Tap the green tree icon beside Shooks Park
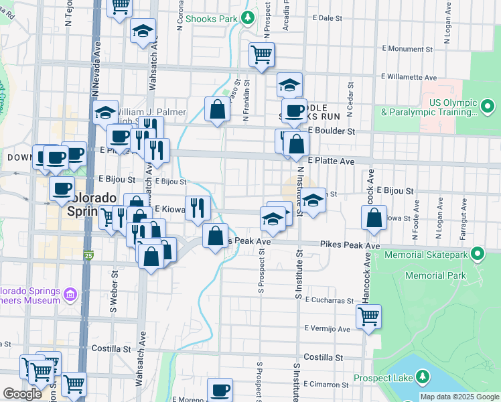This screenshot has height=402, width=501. (x=248, y=18)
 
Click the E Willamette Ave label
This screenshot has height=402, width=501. (x=409, y=78)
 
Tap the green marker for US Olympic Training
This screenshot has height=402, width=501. (x=488, y=106)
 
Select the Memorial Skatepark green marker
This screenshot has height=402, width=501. (x=477, y=253)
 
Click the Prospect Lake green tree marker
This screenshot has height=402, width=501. (x=423, y=378)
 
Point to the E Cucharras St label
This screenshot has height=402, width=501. (x=329, y=301)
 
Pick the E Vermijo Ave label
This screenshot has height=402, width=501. (x=327, y=329)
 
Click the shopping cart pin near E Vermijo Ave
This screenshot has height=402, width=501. (x=368, y=316)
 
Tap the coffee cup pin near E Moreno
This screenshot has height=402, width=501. (x=219, y=389)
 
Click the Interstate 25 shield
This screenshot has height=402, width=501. (x=88, y=255)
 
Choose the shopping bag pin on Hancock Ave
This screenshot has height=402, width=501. (x=374, y=217)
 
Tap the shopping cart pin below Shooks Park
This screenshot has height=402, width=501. (x=261, y=54)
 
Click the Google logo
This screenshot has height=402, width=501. (x=22, y=394)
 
